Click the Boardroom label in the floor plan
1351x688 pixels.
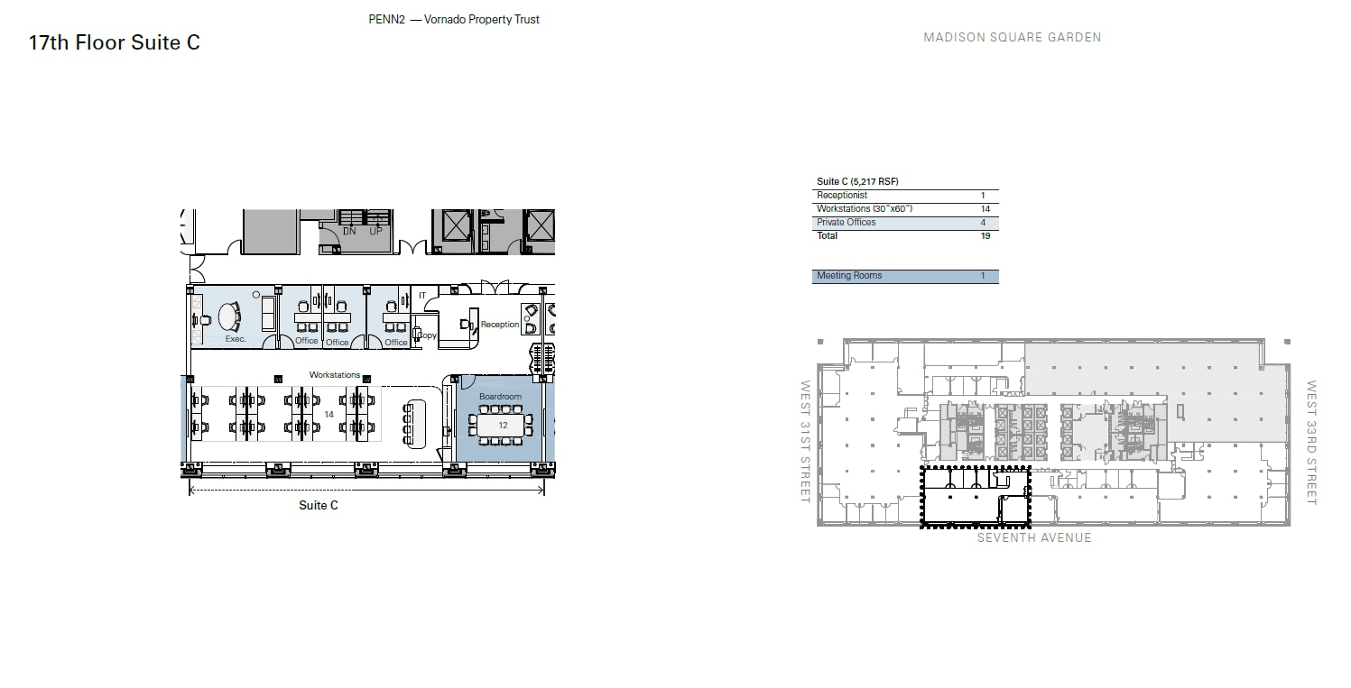[x=500, y=397]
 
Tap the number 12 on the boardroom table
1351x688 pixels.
[x=503, y=425]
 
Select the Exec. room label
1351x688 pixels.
[x=236, y=339]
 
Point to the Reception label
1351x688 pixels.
[x=500, y=325]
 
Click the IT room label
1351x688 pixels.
[x=421, y=296]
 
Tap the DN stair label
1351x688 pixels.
[x=349, y=232]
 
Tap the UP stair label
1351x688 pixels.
[x=376, y=232]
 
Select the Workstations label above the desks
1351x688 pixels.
[x=335, y=375]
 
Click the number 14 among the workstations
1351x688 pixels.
[x=329, y=415]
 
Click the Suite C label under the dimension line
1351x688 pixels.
[x=319, y=506]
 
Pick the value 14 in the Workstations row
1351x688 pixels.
[x=985, y=209]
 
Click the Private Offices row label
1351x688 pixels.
[x=846, y=223]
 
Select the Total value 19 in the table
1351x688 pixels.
[x=985, y=236]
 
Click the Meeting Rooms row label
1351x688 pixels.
[x=849, y=276]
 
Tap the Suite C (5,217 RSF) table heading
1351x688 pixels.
[x=857, y=182]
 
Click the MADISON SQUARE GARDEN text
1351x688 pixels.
[x=1012, y=38]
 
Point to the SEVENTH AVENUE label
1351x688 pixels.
[x=1034, y=538]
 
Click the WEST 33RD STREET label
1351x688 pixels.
[x=1312, y=442]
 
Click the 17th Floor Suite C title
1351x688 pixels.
[x=115, y=42]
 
